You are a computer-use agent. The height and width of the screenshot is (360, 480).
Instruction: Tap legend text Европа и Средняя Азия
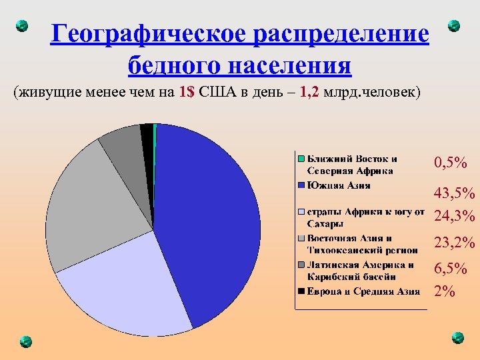click(363, 291)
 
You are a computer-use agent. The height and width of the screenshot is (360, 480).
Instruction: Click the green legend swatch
click(301, 159)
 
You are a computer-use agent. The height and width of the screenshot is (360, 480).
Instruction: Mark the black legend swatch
click(301, 291)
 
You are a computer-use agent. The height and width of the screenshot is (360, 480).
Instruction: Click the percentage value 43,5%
click(454, 194)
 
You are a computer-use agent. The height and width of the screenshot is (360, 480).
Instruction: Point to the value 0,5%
click(450, 163)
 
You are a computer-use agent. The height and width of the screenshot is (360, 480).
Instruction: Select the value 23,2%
click(454, 243)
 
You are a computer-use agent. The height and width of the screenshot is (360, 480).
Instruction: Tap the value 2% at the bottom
click(443, 291)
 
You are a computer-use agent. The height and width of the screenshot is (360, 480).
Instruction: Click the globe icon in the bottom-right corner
click(457, 337)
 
